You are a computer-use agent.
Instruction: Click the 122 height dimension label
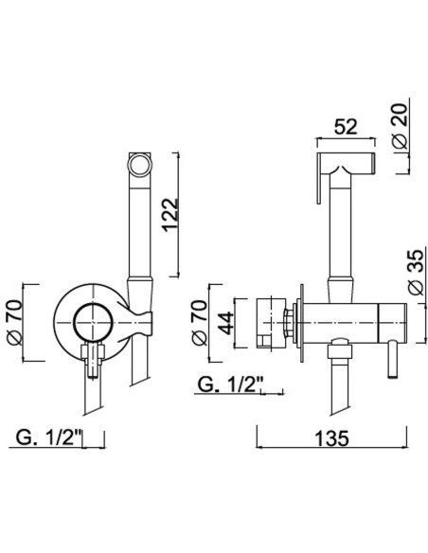point(171,214)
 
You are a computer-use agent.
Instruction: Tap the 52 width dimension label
point(346,127)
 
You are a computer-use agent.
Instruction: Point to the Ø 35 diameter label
point(415,272)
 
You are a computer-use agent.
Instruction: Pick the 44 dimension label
point(225,323)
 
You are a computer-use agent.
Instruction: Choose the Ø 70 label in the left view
point(15,323)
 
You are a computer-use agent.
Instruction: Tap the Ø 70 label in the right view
point(199,323)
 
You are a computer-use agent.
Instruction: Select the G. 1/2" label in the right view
point(231,384)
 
